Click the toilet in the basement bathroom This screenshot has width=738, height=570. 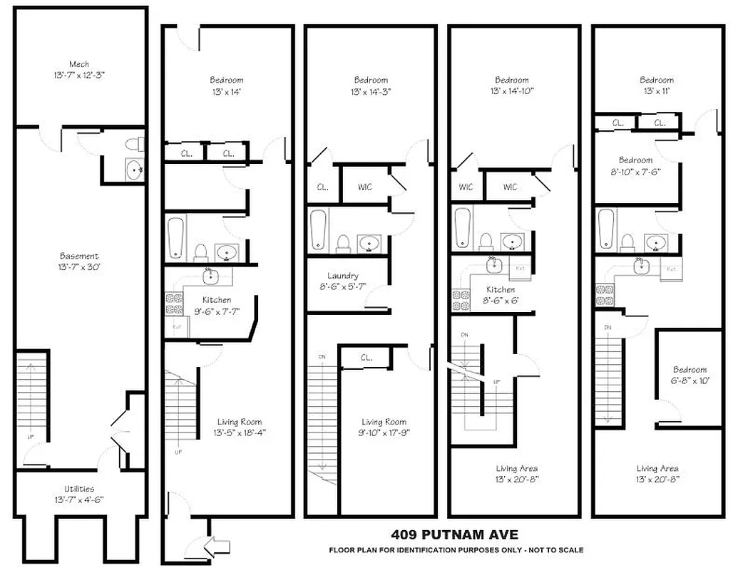133,145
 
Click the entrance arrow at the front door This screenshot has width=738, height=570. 217,546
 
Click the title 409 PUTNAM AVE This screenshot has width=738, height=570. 454,534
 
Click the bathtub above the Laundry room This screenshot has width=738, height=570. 319,230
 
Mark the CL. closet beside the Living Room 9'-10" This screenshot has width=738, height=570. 367,357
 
